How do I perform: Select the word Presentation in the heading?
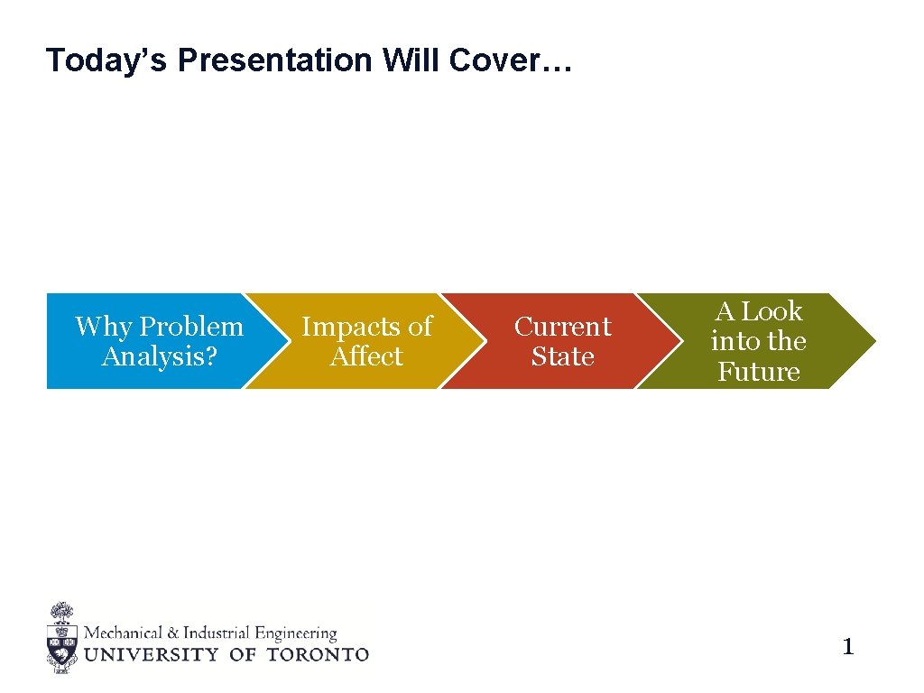[275, 60]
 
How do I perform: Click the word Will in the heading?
[411, 60]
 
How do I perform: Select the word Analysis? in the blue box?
[160, 356]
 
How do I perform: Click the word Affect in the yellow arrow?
[366, 356]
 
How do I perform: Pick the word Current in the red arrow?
[562, 326]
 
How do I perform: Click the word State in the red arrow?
[562, 356]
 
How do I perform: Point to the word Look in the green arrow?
[772, 311]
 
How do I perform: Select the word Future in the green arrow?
[759, 372]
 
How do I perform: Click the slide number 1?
[847, 646]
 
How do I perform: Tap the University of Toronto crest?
[61, 638]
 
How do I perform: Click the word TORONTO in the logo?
[318, 654]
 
